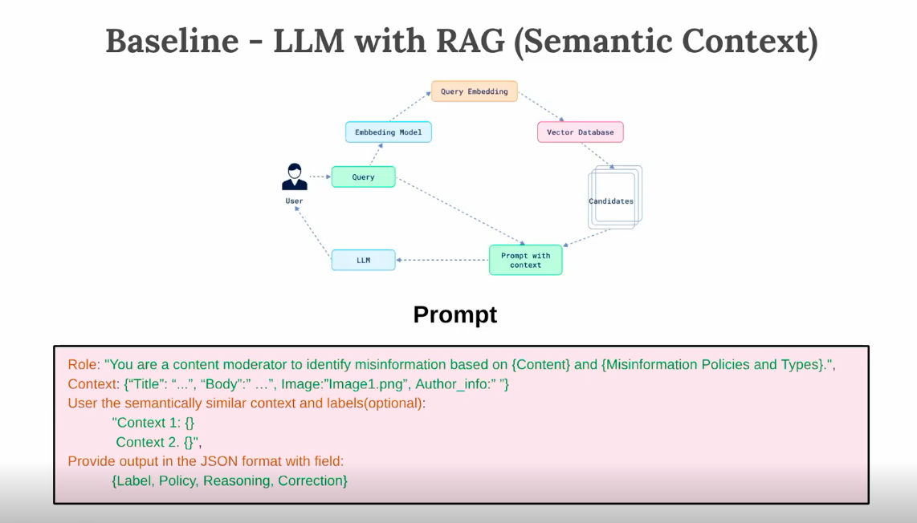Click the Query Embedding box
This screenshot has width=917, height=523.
[x=474, y=91]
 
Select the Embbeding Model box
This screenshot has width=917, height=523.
[x=389, y=132]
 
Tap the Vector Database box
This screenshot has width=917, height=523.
[x=580, y=132]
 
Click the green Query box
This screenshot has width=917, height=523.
[x=363, y=177]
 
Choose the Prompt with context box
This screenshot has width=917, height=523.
[x=525, y=260]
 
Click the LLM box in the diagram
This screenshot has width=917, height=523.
[x=363, y=260]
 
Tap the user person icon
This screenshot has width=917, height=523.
[x=294, y=176]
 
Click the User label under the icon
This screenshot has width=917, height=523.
[x=294, y=201]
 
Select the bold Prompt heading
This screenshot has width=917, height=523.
[x=454, y=314]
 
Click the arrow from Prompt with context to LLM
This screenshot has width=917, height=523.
[x=442, y=260]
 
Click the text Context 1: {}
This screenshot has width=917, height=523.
[x=153, y=423]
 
